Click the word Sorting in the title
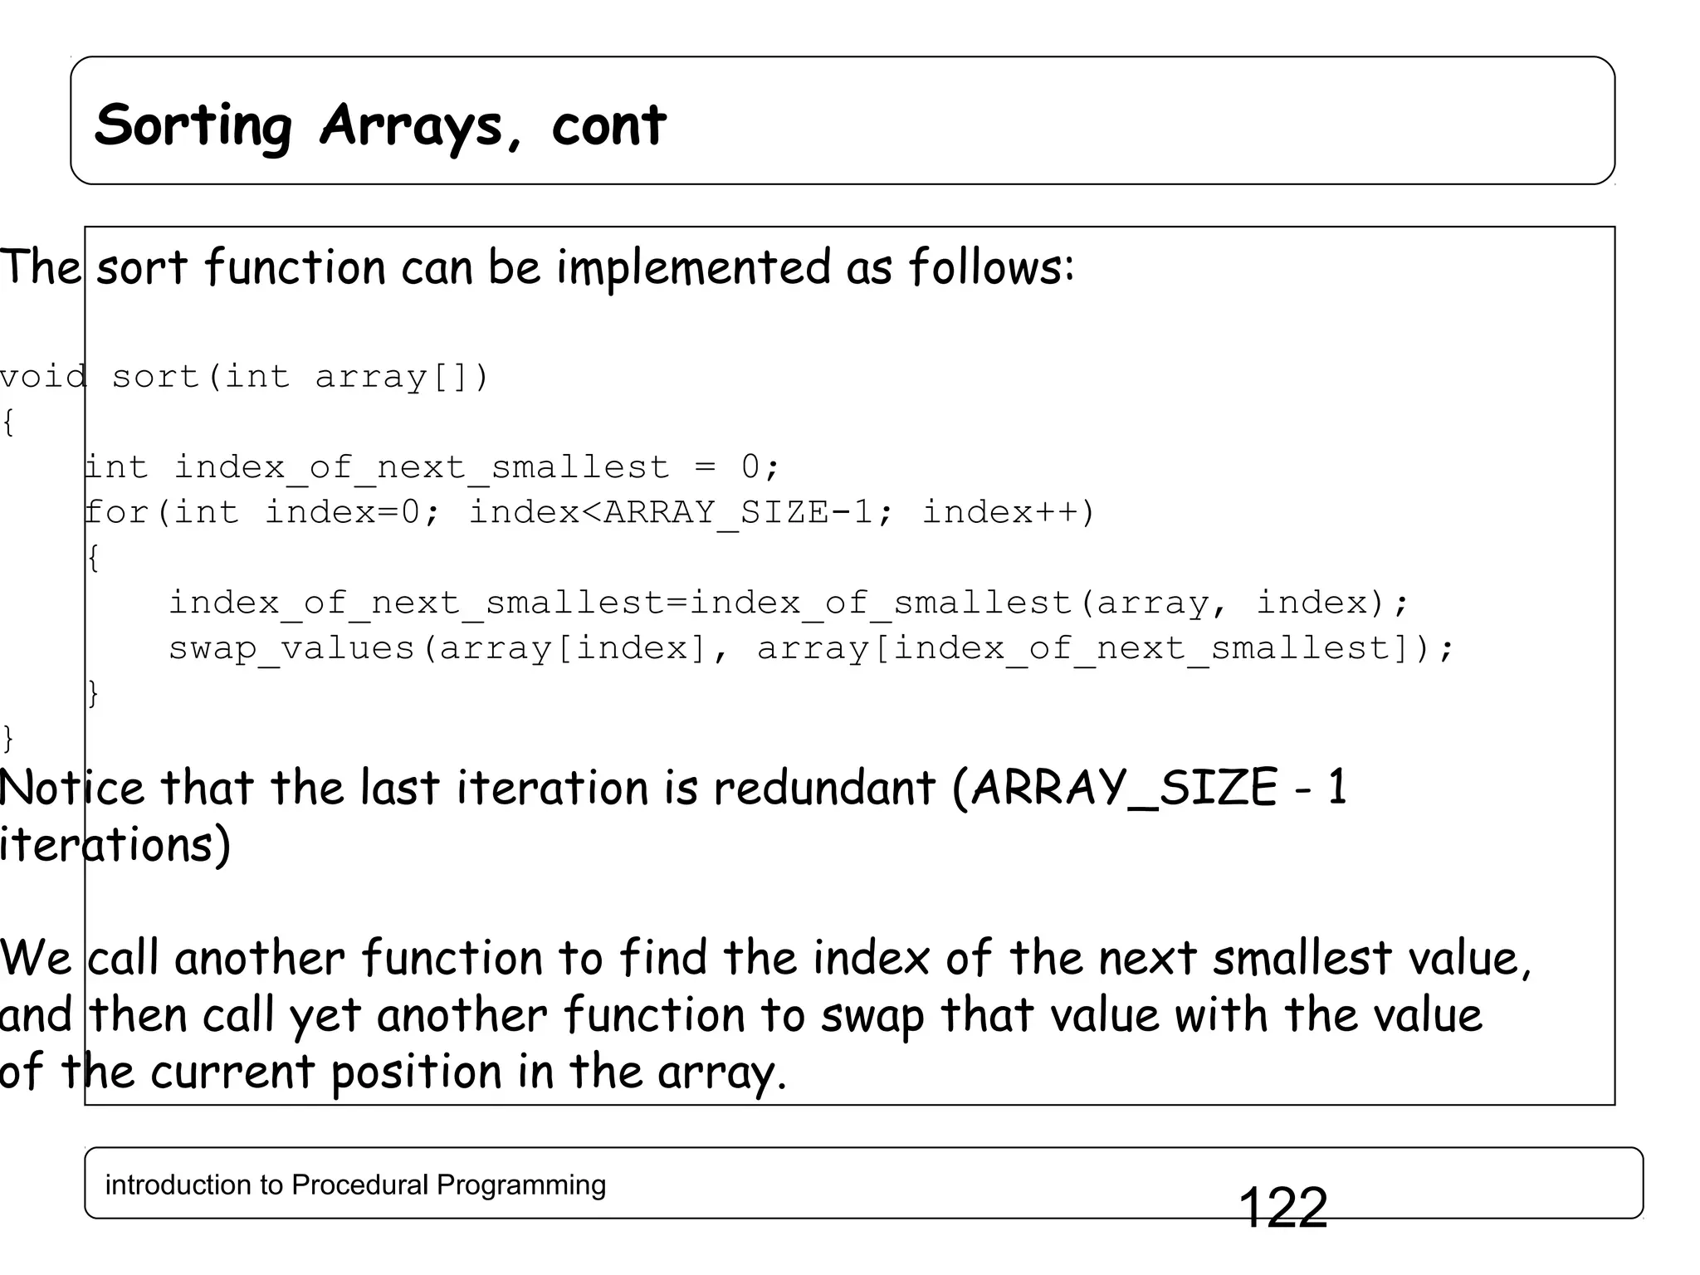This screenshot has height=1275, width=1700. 193,125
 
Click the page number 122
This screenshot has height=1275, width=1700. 1282,1208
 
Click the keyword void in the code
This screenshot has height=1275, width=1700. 43,377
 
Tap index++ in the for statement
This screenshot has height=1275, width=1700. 1009,512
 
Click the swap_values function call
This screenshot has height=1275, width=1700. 291,647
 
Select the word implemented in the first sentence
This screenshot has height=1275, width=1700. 693,268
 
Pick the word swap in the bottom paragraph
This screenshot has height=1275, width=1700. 872,1016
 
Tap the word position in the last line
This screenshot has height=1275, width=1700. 416,1072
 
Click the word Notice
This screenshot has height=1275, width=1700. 72,788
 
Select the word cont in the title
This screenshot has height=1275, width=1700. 608,125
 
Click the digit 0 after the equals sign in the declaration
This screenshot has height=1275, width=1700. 750,467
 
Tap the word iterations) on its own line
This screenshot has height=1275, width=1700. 115,845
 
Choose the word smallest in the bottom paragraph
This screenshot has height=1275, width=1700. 1302,959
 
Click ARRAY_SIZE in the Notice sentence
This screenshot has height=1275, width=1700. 1124,788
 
